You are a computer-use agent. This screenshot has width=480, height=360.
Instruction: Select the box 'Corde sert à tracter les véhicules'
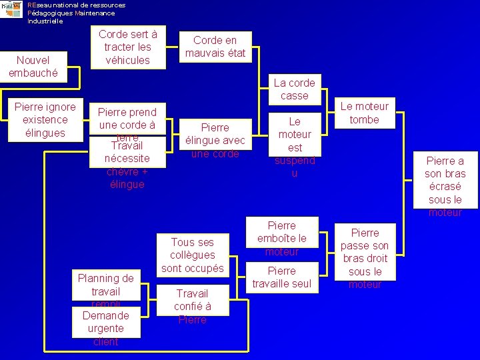[127, 47]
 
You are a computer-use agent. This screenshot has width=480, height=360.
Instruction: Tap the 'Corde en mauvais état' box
[215, 47]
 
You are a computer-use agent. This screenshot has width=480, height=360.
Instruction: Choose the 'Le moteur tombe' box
[365, 113]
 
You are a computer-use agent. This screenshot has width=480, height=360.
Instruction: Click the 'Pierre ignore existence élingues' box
[45, 119]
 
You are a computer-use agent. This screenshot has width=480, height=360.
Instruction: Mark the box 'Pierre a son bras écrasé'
[445, 186]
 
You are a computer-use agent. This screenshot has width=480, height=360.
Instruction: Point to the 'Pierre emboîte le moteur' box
[282, 238]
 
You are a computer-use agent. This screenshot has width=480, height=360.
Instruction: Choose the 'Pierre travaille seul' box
[282, 277]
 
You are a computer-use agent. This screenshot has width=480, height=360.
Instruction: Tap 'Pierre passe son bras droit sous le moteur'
[365, 258]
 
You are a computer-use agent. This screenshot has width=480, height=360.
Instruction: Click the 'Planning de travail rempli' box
[105, 288]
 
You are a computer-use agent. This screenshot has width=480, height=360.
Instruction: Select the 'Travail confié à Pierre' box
[192, 306]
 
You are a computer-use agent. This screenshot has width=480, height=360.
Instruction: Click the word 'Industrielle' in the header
[45, 21]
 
